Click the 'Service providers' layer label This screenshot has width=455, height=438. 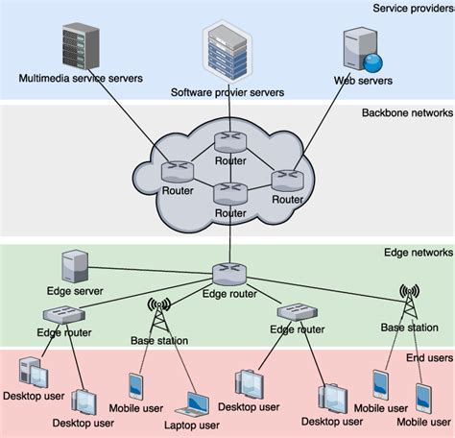click(x=412, y=9)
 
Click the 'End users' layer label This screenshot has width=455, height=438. click(x=427, y=357)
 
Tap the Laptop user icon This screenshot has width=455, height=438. click(x=197, y=401)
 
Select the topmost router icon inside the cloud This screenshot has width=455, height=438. click(x=229, y=144)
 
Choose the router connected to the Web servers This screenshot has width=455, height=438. click(x=286, y=180)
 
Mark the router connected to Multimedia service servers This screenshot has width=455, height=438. click(x=178, y=171)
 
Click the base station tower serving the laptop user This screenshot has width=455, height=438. click(x=158, y=313)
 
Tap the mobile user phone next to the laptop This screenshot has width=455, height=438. click(x=134, y=388)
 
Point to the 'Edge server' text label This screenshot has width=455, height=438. click(x=75, y=290)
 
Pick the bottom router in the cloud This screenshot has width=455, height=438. click(x=230, y=196)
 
